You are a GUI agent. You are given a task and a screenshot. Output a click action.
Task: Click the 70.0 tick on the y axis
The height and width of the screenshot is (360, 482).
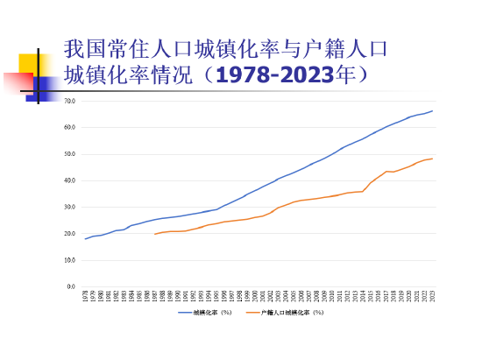click(x=70, y=101)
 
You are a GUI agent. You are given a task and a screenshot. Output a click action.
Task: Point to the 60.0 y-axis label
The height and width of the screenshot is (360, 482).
click(x=70, y=127)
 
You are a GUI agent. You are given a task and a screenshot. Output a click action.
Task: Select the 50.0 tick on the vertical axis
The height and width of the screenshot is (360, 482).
click(x=70, y=154)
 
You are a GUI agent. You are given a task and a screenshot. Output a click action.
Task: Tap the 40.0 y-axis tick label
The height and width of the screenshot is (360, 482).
click(x=70, y=180)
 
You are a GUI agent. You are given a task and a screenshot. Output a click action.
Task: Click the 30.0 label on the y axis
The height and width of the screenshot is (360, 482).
click(x=70, y=207)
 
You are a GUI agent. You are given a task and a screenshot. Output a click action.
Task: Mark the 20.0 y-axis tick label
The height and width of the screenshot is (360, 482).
click(x=70, y=234)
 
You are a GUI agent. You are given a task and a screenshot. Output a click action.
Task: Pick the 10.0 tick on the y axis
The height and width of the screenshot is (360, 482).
click(x=70, y=260)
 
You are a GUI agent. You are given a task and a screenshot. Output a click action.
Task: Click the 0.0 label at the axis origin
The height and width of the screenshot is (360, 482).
click(x=72, y=286)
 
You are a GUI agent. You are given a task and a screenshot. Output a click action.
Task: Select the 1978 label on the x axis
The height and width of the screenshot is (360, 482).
click(x=86, y=297)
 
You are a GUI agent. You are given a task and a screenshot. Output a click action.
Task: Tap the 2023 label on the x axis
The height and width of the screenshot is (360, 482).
click(x=432, y=297)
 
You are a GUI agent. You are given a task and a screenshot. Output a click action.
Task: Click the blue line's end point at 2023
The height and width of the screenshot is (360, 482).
click(x=432, y=111)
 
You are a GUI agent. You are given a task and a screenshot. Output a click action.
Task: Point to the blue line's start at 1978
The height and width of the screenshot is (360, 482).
click(x=86, y=238)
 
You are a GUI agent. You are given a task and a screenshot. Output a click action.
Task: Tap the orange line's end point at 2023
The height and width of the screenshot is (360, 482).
click(x=432, y=159)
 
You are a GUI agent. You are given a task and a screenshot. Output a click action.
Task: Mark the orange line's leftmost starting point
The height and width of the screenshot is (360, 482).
click(x=155, y=234)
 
